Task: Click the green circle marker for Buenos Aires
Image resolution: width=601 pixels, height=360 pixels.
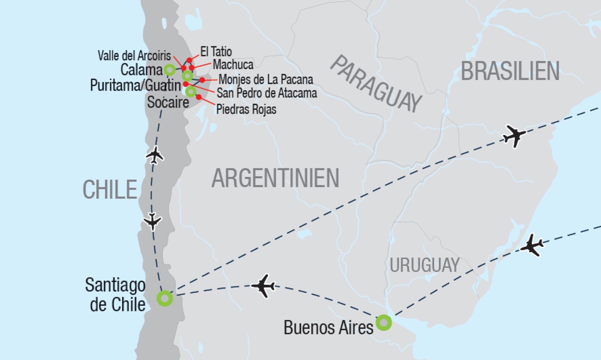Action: click(383, 322)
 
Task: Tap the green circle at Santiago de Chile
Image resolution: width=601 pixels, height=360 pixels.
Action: click(165, 298)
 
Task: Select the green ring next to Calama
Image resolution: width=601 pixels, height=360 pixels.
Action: click(169, 70)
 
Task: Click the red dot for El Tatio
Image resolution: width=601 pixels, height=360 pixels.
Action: click(189, 60)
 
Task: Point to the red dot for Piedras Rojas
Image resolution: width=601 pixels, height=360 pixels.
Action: click(198, 97)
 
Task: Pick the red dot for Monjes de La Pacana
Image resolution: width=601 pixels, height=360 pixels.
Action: click(202, 80)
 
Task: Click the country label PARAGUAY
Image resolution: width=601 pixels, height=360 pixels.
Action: click(376, 84)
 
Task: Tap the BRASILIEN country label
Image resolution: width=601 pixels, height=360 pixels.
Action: click(510, 71)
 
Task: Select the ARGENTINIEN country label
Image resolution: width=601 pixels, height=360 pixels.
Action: click(275, 178)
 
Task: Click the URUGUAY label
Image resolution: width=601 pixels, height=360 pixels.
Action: click(424, 265)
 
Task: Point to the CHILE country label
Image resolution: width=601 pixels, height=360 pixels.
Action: click(110, 190)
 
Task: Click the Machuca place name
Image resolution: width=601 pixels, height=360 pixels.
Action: click(233, 65)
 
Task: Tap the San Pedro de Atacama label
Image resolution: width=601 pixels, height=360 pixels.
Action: click(267, 93)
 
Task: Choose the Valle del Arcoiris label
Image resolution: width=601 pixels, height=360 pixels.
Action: click(134, 56)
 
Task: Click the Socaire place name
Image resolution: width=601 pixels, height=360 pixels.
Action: click(168, 102)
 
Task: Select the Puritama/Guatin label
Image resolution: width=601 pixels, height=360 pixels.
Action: click(135, 85)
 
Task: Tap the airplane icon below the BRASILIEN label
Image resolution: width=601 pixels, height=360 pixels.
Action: click(514, 135)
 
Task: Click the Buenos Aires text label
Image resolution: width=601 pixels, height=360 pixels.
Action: click(328, 328)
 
